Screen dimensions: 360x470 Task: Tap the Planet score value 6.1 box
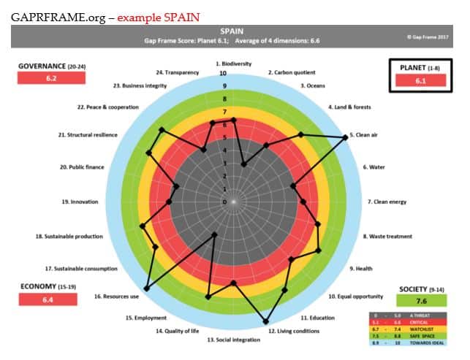(419, 81)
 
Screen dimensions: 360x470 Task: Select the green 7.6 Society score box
(422, 301)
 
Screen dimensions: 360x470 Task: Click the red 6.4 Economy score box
(48, 300)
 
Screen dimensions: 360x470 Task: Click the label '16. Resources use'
(113, 296)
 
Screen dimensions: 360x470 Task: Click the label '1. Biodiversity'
(233, 64)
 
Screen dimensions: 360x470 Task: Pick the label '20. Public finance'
(82, 167)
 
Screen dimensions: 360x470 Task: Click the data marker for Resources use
(147, 289)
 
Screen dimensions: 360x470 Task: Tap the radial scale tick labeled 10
(223, 74)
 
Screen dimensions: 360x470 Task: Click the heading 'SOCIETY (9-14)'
(422, 289)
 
